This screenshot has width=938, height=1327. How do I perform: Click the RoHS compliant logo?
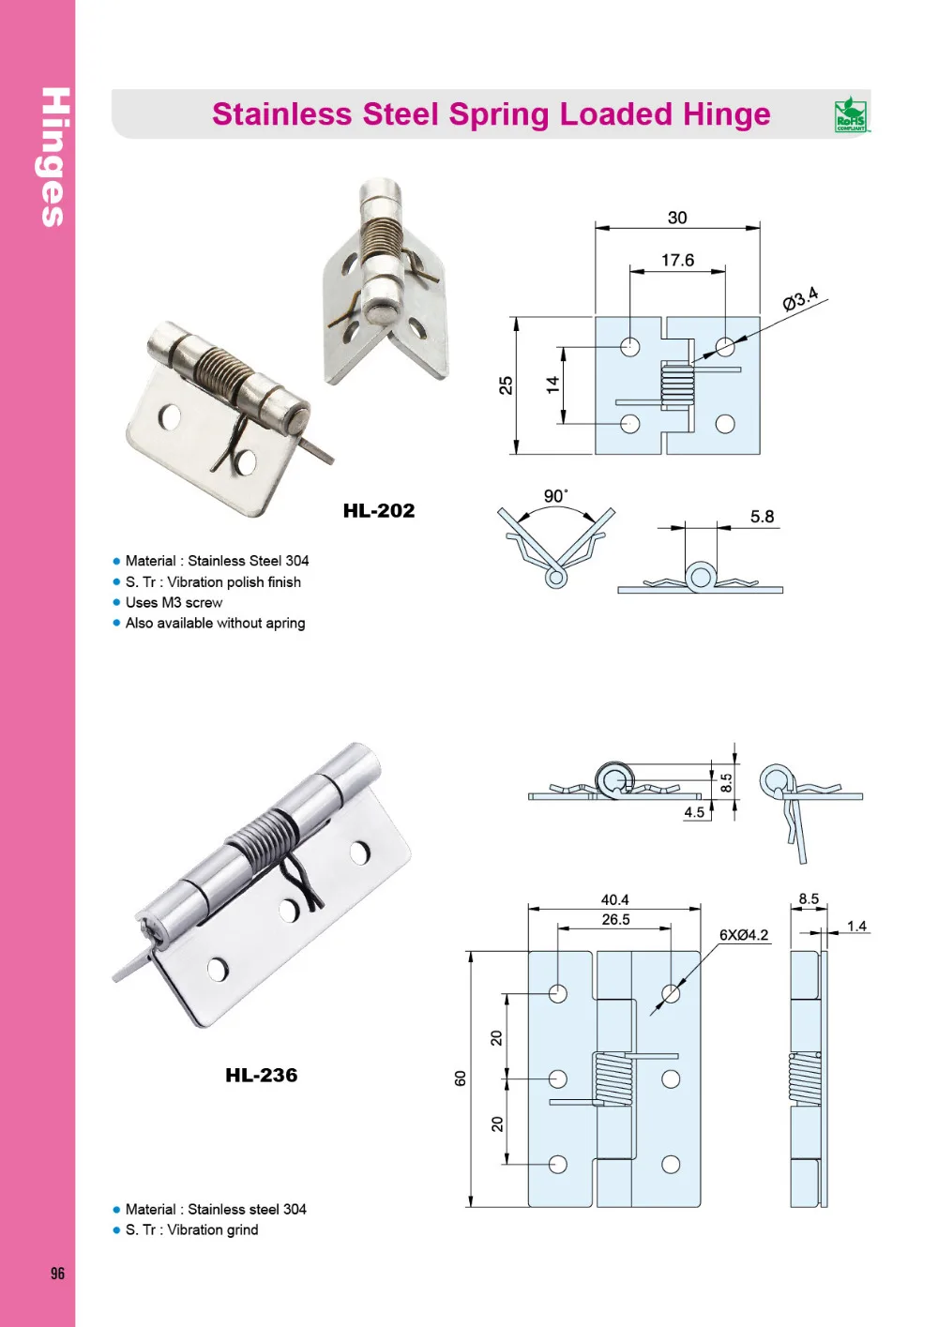[851, 114]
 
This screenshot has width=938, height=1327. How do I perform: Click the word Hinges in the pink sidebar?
[55, 157]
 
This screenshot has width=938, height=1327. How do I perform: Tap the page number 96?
[57, 1273]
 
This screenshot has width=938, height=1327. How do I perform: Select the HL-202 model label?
[378, 511]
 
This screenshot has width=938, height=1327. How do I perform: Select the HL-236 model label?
[261, 1076]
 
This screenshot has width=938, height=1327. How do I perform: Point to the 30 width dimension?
[677, 218]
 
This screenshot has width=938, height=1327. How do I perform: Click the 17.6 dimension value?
[677, 260]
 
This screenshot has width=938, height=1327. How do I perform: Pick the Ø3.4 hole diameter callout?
[800, 299]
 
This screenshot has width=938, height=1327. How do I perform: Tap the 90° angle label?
[555, 496]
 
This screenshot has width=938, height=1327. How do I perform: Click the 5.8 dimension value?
[762, 517]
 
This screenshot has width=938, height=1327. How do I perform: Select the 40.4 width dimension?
[614, 899]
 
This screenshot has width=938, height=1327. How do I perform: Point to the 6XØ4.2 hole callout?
[743, 935]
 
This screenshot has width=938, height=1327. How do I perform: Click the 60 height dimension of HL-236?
[461, 1078]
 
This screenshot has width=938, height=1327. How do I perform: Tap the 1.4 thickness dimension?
[856, 926]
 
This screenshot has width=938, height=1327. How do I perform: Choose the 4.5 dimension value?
[694, 812]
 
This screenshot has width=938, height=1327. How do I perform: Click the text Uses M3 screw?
[174, 603]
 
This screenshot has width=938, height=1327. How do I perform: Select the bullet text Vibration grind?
[212, 1230]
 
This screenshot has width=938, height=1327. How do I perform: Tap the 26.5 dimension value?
[615, 920]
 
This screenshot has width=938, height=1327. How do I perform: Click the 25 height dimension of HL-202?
[507, 385]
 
